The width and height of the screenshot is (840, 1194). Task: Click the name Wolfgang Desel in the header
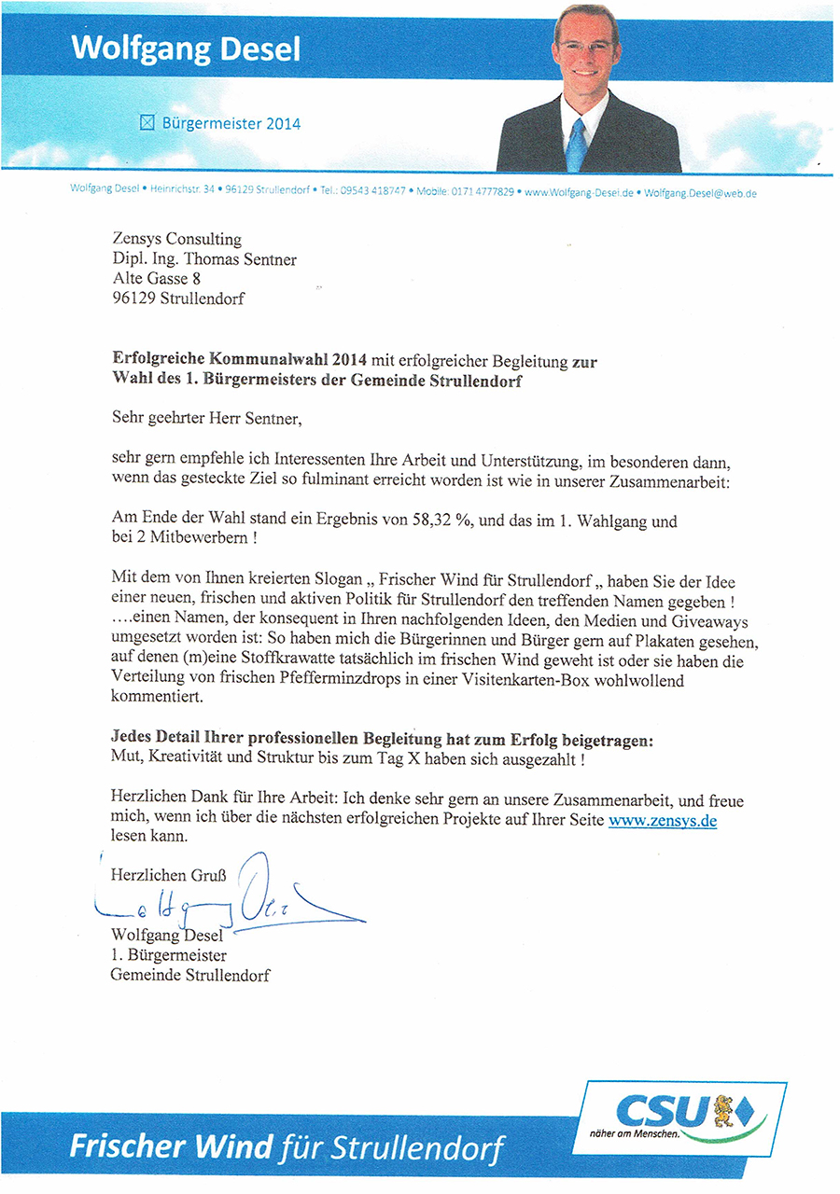pyautogui.click(x=187, y=48)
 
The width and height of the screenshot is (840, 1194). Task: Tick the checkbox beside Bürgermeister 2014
pyautogui.click(x=146, y=122)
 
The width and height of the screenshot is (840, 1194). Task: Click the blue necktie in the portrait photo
pyautogui.click(x=576, y=144)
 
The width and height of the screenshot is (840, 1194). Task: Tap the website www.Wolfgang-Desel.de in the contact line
pyautogui.click(x=579, y=192)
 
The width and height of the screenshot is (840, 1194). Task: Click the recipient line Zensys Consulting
pyautogui.click(x=176, y=240)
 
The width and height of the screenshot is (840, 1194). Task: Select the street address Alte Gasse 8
pyautogui.click(x=157, y=278)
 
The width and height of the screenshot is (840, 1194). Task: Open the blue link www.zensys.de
pyautogui.click(x=662, y=821)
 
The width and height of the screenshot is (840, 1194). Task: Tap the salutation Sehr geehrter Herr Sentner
pyautogui.click(x=206, y=418)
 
